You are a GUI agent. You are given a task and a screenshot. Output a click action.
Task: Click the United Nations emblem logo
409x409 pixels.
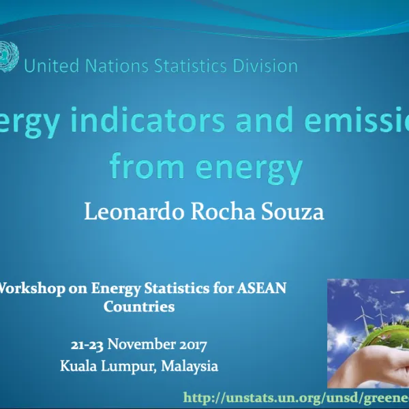pos(9,54)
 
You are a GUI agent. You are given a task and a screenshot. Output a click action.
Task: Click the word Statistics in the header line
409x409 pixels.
pos(190,66)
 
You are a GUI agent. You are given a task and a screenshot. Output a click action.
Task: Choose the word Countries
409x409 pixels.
pos(138,306)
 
